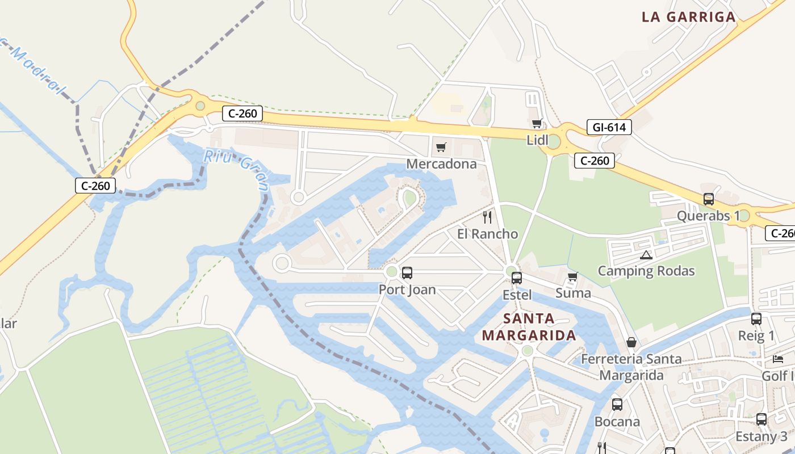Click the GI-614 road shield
(x=609, y=127)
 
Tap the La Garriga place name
(x=689, y=17)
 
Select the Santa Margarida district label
(x=529, y=327)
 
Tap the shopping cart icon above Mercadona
(x=441, y=148)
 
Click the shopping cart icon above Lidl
(x=537, y=123)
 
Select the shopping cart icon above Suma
(x=572, y=276)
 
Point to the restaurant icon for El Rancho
(x=487, y=217)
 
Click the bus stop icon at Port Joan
(x=407, y=273)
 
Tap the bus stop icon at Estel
(x=517, y=278)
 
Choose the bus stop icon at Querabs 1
(x=709, y=199)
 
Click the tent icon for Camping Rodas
(x=646, y=255)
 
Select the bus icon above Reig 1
(x=756, y=319)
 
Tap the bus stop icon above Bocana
(x=617, y=405)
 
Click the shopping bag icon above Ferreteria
(x=631, y=342)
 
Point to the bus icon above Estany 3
(x=761, y=419)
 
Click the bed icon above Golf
(x=778, y=359)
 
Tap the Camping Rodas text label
(x=646, y=271)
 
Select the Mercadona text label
(x=441, y=164)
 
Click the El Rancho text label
(x=487, y=234)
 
